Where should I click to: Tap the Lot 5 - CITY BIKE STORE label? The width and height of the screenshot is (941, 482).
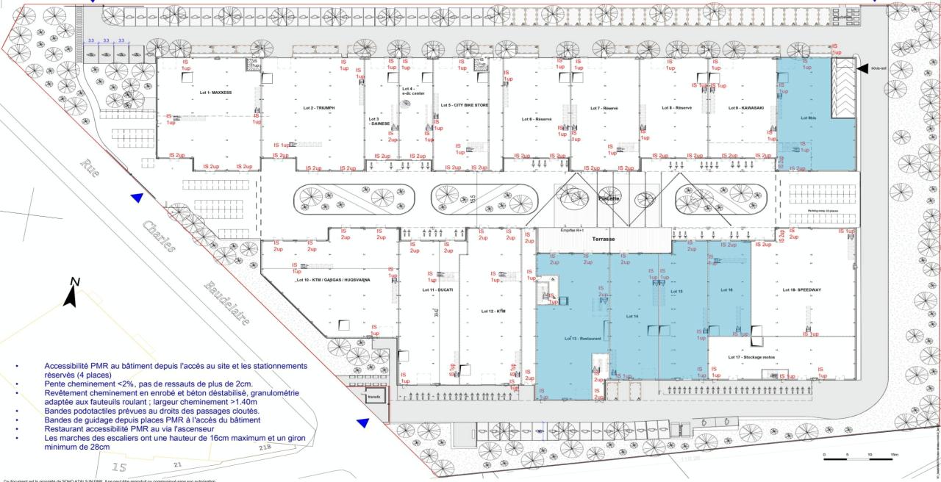pyautogui.click(x=464, y=106)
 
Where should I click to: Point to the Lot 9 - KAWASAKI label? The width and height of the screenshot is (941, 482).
pyautogui.click(x=743, y=108)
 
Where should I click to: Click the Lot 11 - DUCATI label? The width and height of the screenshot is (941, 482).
pyautogui.click(x=437, y=290)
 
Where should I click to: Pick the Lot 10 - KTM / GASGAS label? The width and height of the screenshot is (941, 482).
pyautogui.click(x=332, y=281)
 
